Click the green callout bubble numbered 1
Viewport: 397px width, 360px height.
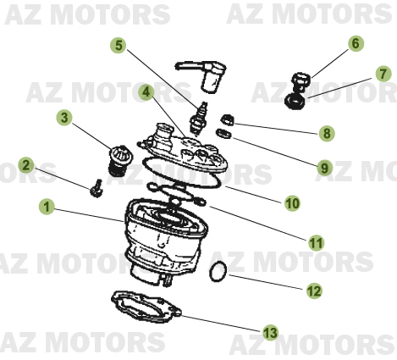(x=47, y=206)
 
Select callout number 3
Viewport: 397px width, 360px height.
(x=63, y=116)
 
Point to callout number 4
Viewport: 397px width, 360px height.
(x=146, y=91)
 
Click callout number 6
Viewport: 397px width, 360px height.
(x=355, y=43)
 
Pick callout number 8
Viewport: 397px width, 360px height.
(x=325, y=133)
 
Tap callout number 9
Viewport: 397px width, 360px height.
(x=323, y=168)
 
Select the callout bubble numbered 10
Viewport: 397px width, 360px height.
(x=291, y=203)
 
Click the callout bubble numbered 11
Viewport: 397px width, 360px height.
(x=316, y=243)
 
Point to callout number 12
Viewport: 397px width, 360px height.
(x=314, y=291)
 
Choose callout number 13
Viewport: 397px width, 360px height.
(x=270, y=332)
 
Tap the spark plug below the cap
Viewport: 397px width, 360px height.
(x=201, y=114)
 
